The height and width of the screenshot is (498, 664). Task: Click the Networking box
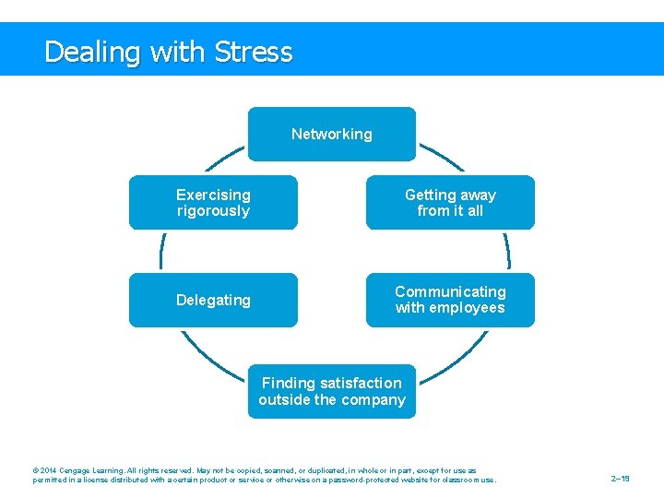332,134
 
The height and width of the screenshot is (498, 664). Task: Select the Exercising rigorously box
213,202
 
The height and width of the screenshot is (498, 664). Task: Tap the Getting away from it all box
450,202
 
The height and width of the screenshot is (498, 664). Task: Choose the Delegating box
213,300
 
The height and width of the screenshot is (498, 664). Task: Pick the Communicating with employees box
450,300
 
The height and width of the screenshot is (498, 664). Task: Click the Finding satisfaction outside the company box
332,391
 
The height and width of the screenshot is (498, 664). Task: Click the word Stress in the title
253,52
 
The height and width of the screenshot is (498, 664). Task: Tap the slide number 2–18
620,479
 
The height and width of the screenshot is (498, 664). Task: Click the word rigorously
213,211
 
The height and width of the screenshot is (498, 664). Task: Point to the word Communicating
450,291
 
